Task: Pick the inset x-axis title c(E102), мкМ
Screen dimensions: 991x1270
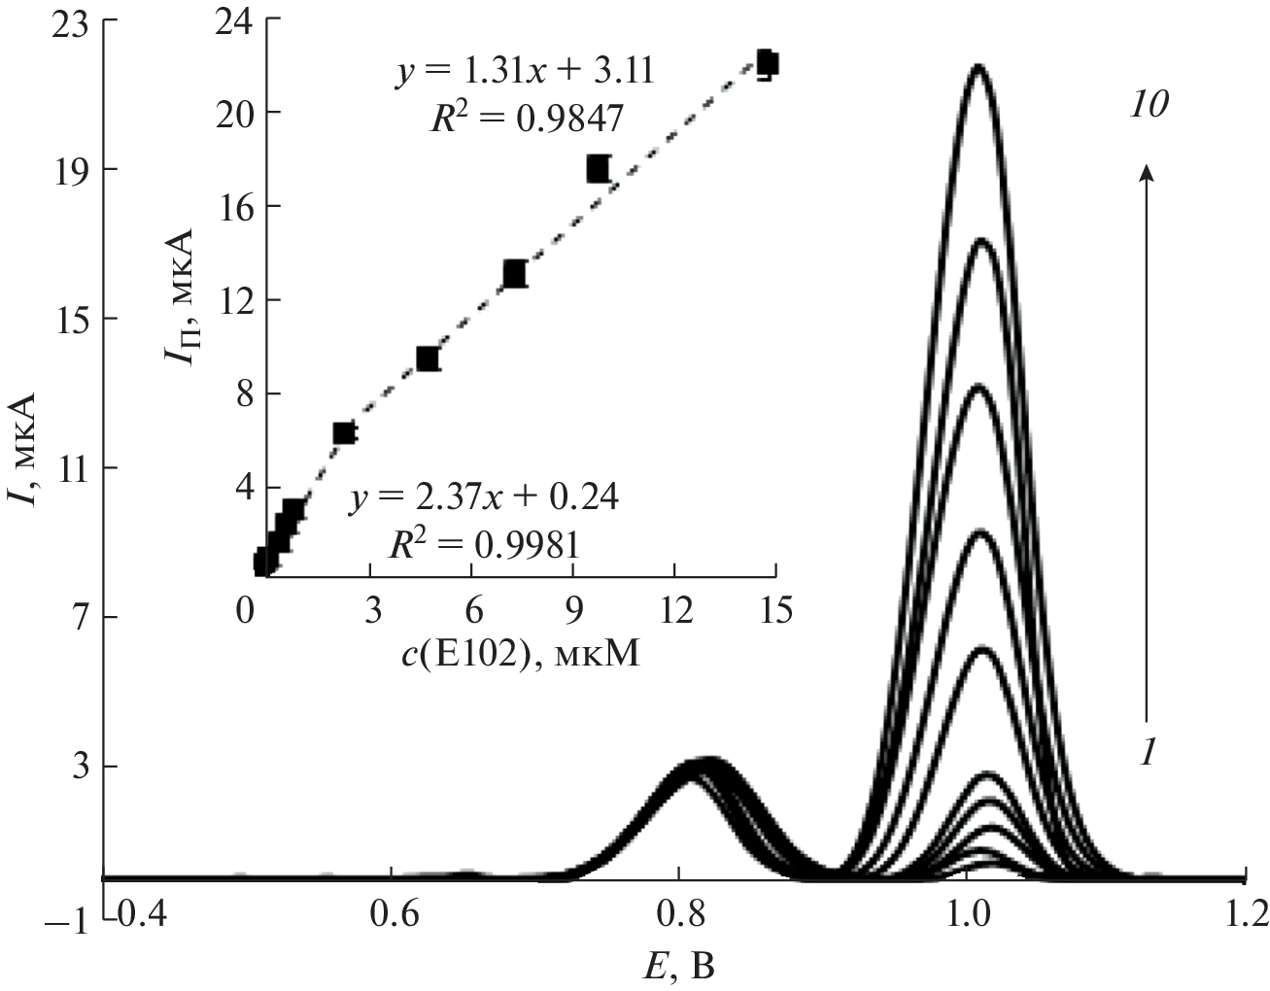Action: (x=521, y=656)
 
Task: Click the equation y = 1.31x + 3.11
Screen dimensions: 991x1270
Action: (x=523, y=72)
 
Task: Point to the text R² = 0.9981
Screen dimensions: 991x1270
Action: (x=484, y=544)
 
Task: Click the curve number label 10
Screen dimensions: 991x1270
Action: (x=1147, y=105)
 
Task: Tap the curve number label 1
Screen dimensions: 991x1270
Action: (x=1146, y=753)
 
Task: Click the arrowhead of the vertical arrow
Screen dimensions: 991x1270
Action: (x=1148, y=171)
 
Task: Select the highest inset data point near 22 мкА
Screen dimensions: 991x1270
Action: (x=766, y=63)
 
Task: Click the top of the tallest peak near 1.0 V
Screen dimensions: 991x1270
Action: (x=978, y=66)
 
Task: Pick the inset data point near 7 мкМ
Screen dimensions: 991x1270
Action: (x=514, y=274)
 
